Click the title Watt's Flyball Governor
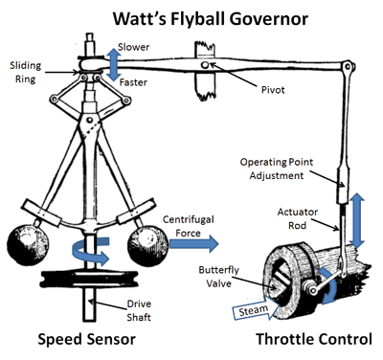[x=211, y=19]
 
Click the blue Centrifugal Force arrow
[x=193, y=243]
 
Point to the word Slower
[x=133, y=47]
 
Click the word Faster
[x=133, y=82]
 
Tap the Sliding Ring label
[x=26, y=72]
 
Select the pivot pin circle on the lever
[x=205, y=65]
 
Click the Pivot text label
[x=273, y=90]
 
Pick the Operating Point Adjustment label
[x=277, y=169]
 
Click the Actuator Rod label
[x=298, y=218]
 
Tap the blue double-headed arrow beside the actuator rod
[x=357, y=220]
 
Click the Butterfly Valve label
[x=218, y=277]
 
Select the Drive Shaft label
[x=139, y=310]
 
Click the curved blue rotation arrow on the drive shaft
[x=91, y=251]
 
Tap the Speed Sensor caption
[x=87, y=339]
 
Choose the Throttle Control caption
[x=314, y=339]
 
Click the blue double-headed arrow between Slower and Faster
[x=114, y=65]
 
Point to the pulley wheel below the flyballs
[x=89, y=279]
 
